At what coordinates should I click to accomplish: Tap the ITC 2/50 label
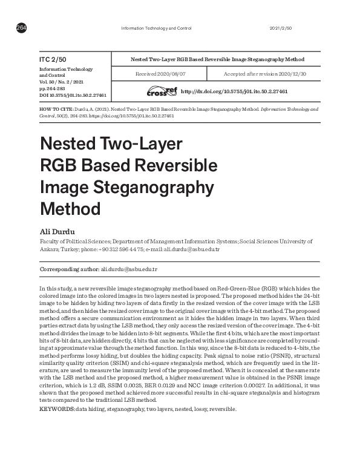tap(52, 60)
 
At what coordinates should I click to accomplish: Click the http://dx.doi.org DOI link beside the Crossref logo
tap(234, 91)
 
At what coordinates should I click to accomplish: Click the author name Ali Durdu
tap(54, 231)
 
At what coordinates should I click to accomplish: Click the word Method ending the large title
tap(70, 208)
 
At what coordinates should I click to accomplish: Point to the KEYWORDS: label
tap(57, 409)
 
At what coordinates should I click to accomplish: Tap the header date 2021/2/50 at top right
tap(280, 28)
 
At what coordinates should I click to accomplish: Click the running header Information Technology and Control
tap(157, 28)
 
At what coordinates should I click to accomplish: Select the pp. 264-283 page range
tap(51, 88)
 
